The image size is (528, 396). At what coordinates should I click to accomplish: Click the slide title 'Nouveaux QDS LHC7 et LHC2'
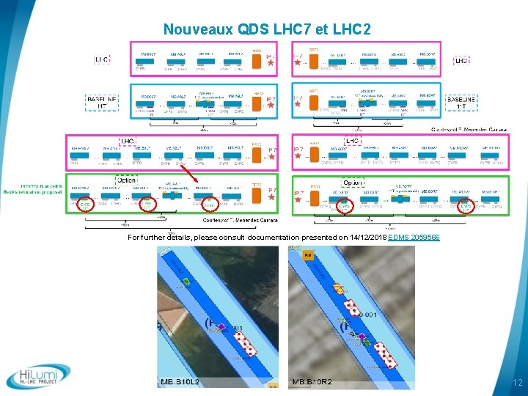point(267,29)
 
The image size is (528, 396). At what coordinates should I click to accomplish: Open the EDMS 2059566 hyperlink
point(414,238)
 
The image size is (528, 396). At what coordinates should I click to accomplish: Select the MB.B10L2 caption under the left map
point(180,382)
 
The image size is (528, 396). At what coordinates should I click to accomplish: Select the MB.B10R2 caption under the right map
point(312,382)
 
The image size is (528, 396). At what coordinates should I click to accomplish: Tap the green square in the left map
point(186,281)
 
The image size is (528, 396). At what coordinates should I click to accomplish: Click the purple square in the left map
point(221,326)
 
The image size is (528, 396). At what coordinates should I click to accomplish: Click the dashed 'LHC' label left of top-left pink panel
point(102,59)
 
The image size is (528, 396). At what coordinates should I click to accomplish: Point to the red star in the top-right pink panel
point(297,63)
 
